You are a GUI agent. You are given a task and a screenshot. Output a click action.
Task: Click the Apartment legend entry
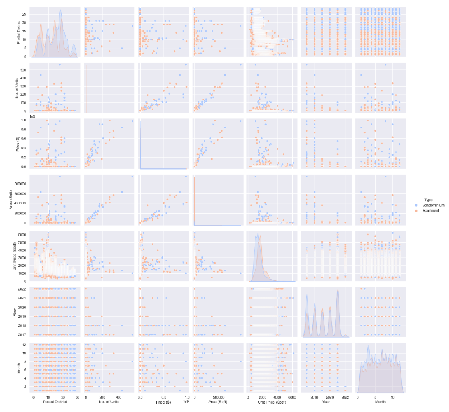pyautogui.click(x=432, y=211)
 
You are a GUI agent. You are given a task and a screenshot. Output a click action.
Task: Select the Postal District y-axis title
pyautogui.click(x=18, y=32)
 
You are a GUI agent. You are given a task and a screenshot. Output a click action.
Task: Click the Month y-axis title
pyautogui.click(x=18, y=367)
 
